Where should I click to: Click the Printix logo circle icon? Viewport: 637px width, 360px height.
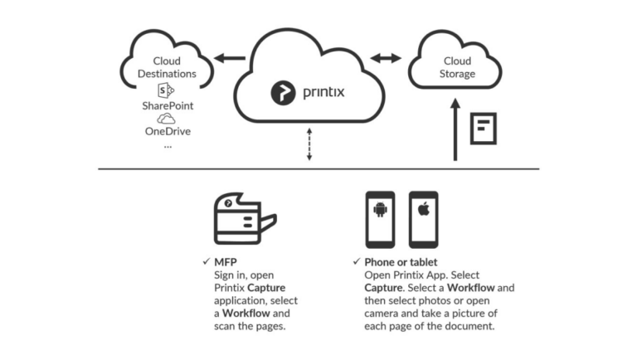tap(283, 92)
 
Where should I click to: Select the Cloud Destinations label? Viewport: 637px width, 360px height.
tap(168, 67)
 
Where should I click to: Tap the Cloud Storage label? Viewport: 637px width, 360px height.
tap(457, 67)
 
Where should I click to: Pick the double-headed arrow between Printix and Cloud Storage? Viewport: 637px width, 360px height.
tap(385, 58)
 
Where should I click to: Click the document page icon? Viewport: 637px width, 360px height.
tap(483, 129)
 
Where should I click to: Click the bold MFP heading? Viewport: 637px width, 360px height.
tap(226, 262)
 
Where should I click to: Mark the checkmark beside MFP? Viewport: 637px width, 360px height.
tap(205, 262)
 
